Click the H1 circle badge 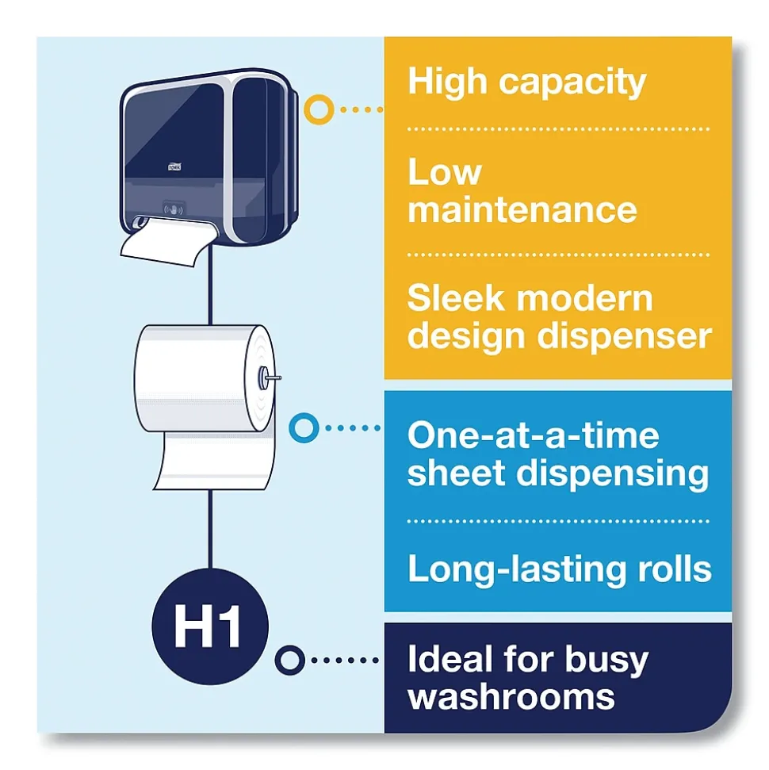[210, 626]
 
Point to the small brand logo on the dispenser [174, 167]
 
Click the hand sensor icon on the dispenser [174, 209]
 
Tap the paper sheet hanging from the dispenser [167, 242]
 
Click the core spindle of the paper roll [269, 377]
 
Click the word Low [445, 172]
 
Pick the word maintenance [522, 209]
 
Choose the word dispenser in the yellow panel [624, 337]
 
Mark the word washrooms [511, 697]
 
